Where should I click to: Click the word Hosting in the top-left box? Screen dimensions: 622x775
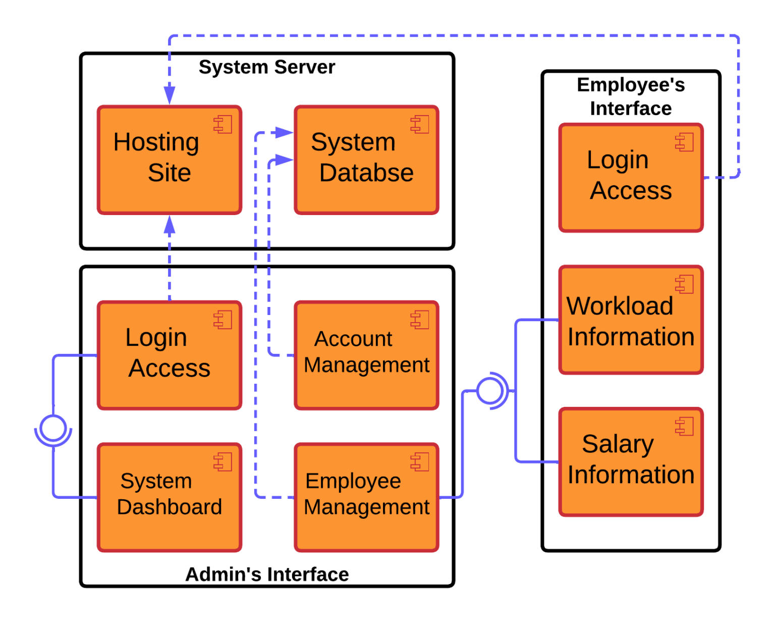pyautogui.click(x=156, y=142)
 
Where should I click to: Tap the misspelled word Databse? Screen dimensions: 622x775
pyautogui.click(x=366, y=173)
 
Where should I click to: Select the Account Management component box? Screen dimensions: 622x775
pyautogui.click(x=366, y=355)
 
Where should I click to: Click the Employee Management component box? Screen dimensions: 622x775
pyautogui.click(x=366, y=497)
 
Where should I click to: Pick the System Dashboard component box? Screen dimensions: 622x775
pyautogui.click(x=170, y=497)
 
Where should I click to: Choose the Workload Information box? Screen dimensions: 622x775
pyautogui.click(x=631, y=320)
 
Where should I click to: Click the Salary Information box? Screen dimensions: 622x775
pyautogui.click(x=631, y=461)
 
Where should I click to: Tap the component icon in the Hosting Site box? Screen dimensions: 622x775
pyautogui.click(x=223, y=124)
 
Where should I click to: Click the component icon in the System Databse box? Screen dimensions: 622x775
pyautogui.click(x=420, y=124)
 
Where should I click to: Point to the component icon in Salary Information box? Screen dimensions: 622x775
pyautogui.click(x=685, y=426)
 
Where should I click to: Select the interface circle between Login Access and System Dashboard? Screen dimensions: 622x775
pyautogui.click(x=53, y=428)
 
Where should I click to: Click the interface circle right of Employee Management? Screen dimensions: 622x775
pyautogui.click(x=489, y=390)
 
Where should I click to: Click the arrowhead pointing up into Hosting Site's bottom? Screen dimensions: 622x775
pyautogui.click(x=170, y=225)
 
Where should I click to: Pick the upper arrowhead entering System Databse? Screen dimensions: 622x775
pyautogui.click(x=284, y=133)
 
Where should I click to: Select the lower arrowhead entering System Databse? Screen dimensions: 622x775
pyautogui.click(x=284, y=160)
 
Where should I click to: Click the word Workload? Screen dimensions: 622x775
pyautogui.click(x=620, y=306)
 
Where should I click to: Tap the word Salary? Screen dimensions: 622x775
pyautogui.click(x=618, y=444)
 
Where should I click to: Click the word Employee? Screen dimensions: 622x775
pyautogui.click(x=353, y=481)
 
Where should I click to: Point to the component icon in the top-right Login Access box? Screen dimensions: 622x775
pyautogui.click(x=685, y=142)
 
